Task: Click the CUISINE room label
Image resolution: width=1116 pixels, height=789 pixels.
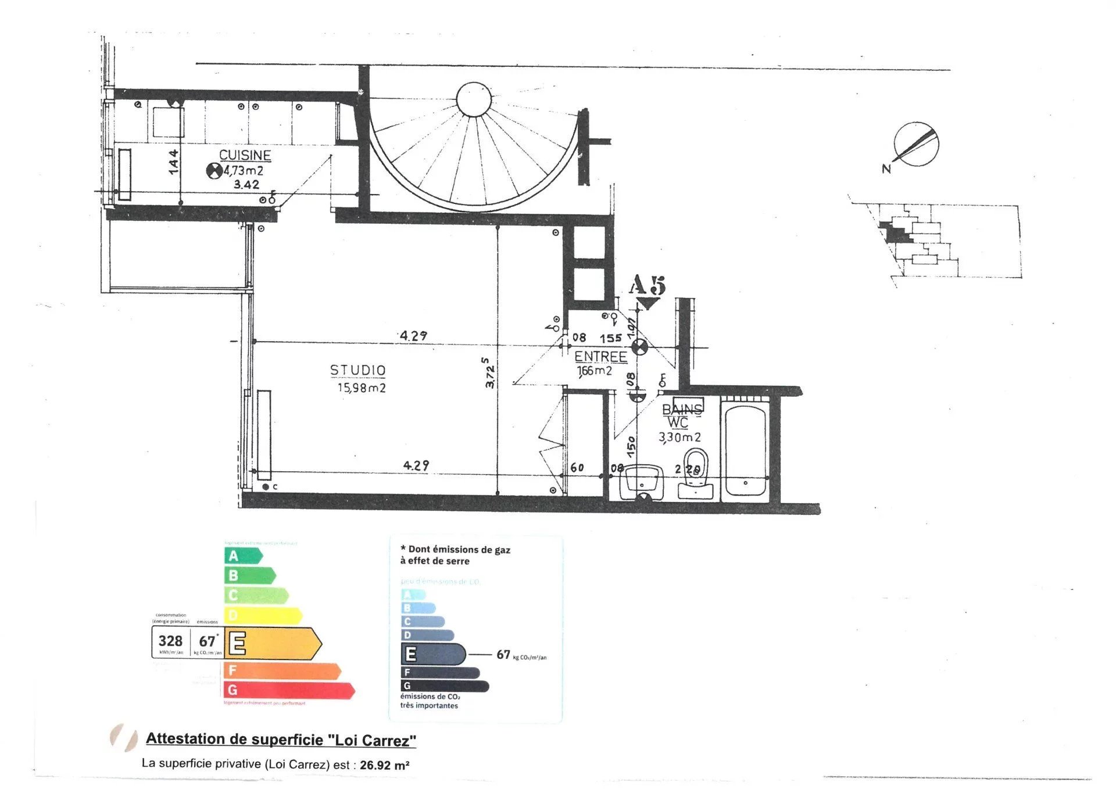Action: click(x=245, y=155)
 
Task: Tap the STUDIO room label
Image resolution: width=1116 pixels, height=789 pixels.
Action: click(x=357, y=370)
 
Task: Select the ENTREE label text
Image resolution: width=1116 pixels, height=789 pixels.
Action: click(x=600, y=356)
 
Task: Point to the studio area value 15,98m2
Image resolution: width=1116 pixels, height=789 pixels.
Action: click(x=362, y=388)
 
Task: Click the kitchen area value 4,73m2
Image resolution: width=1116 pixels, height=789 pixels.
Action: click(x=244, y=171)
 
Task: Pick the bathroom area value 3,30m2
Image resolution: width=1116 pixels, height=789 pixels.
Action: click(x=679, y=437)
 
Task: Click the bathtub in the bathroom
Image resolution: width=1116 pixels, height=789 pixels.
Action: click(x=745, y=451)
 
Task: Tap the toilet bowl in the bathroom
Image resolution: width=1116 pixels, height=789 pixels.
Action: click(x=696, y=465)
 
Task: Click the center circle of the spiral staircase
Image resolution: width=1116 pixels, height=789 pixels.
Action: click(x=474, y=99)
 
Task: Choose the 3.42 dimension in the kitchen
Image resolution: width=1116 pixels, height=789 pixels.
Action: click(x=246, y=185)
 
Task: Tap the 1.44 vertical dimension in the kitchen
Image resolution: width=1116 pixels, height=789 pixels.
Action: click(x=173, y=162)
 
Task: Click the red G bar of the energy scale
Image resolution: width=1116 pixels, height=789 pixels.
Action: click(x=288, y=690)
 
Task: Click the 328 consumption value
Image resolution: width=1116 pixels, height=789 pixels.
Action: click(x=170, y=641)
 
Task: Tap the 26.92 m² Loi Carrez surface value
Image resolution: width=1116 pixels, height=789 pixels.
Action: click(x=384, y=765)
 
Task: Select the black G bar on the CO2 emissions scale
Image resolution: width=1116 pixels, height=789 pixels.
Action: click(x=445, y=686)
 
